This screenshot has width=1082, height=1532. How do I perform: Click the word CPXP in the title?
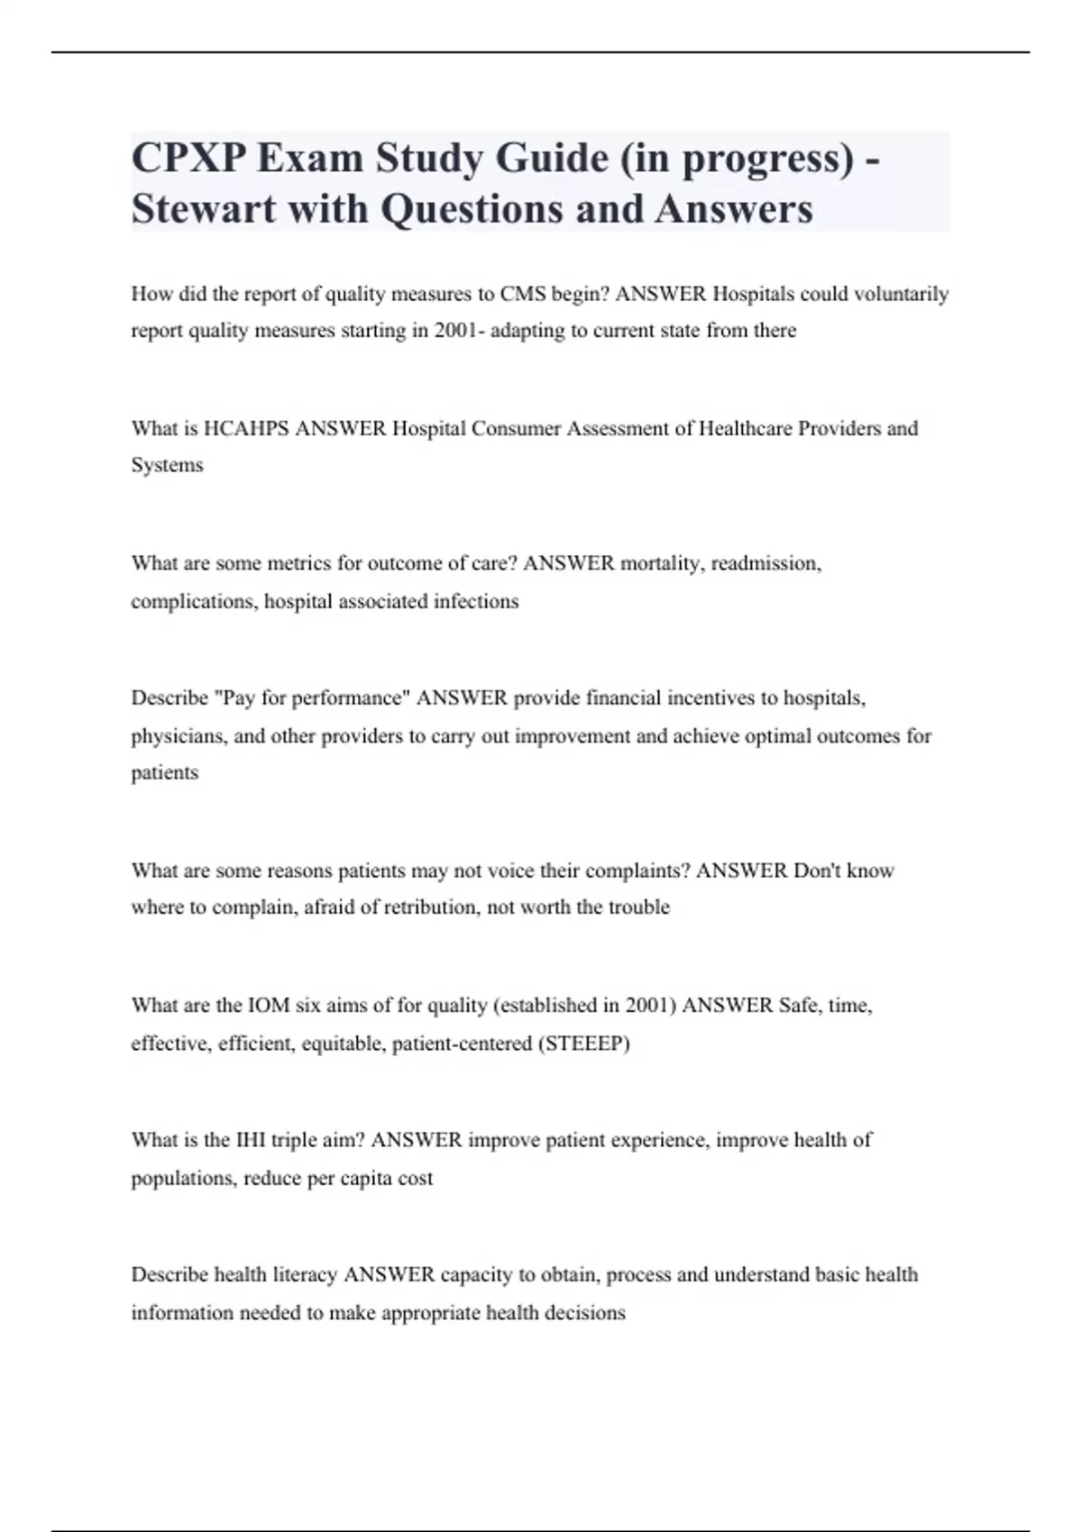point(188,159)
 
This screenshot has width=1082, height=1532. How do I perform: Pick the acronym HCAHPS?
point(246,429)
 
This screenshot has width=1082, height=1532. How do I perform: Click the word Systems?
point(167,466)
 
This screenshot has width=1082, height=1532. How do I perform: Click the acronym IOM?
point(269,1006)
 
